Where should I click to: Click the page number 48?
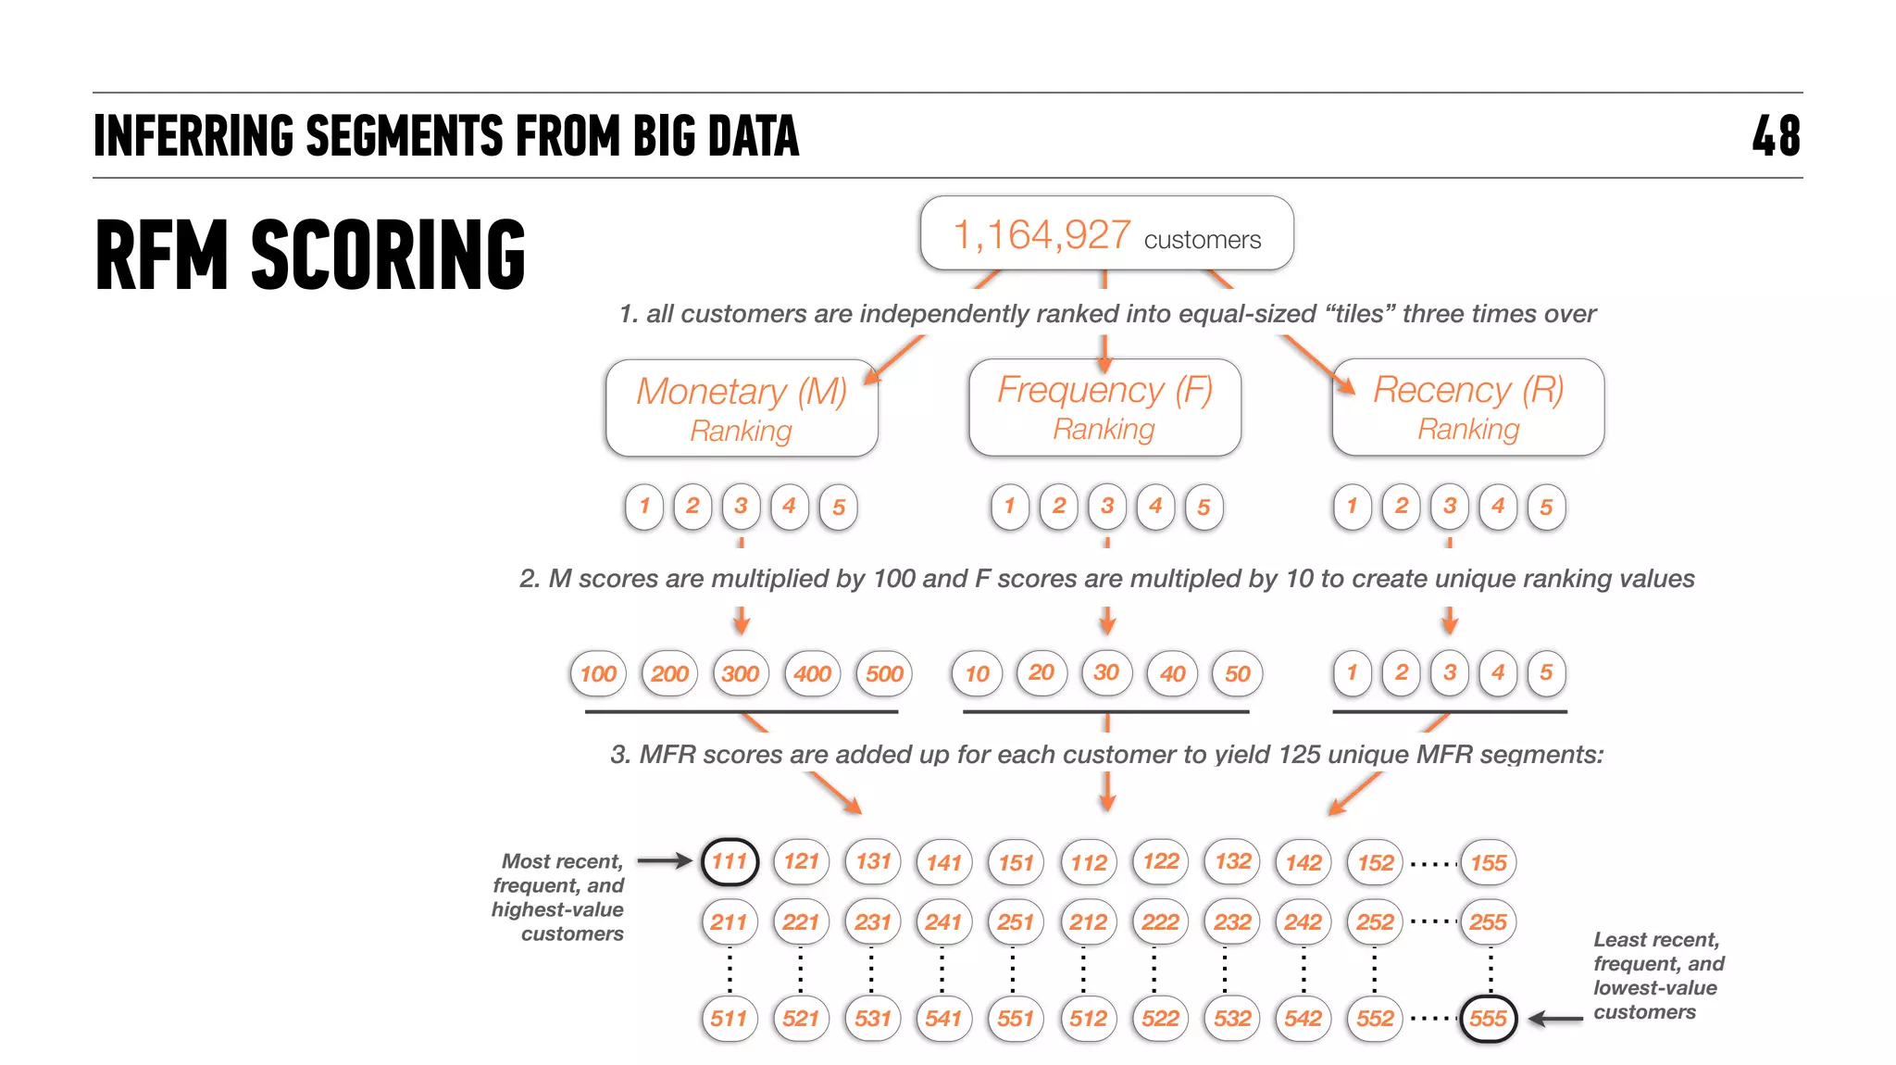tap(1776, 136)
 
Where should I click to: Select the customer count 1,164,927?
tap(1042, 234)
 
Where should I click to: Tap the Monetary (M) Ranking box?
tap(742, 408)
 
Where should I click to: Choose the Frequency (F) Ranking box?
tap(1104, 407)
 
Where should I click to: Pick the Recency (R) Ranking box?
tap(1468, 407)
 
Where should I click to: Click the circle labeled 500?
tap(884, 673)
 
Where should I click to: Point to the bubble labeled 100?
tap(598, 673)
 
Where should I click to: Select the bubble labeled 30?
tap(1106, 672)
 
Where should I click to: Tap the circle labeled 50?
tap(1238, 673)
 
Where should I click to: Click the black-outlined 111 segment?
tap(730, 861)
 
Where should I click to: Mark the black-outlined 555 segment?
tap(1488, 1019)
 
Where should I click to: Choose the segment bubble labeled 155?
tap(1489, 862)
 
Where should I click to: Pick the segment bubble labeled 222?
tap(1160, 921)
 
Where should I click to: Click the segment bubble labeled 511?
tap(730, 1019)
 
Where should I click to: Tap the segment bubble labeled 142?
tap(1303, 862)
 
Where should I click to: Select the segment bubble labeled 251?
tap(1016, 921)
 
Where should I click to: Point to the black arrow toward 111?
tap(664, 861)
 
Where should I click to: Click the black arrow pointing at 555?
tap(1555, 1019)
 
